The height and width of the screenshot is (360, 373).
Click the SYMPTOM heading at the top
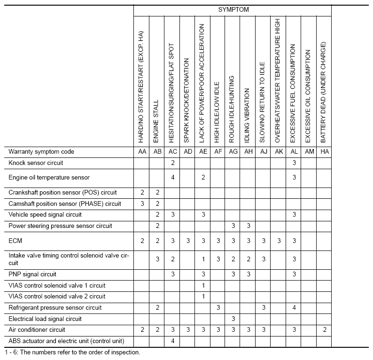[233, 9]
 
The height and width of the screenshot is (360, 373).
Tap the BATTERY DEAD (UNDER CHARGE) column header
[324, 92]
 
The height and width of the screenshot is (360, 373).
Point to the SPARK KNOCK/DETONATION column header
[187, 101]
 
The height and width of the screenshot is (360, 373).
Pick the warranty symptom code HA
[324, 152]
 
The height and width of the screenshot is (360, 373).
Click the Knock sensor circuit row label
[36, 163]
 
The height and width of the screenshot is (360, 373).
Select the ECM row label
[16, 241]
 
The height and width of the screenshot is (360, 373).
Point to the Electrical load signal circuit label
[45, 319]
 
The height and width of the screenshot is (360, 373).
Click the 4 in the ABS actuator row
[172, 341]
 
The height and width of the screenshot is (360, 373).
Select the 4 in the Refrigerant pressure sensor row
[294, 308]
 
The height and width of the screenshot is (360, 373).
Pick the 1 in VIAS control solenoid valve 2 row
[203, 297]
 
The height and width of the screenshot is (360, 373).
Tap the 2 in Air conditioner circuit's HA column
[324, 330]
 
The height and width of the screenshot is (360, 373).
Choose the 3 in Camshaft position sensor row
[142, 203]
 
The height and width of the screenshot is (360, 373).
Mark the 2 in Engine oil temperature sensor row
[203, 178]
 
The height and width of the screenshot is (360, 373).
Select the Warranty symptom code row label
[41, 152]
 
